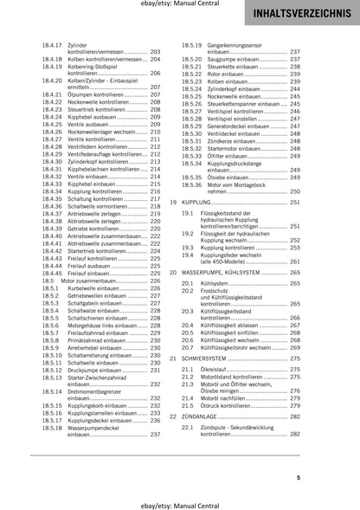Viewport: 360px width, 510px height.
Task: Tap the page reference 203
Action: (156, 51)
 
